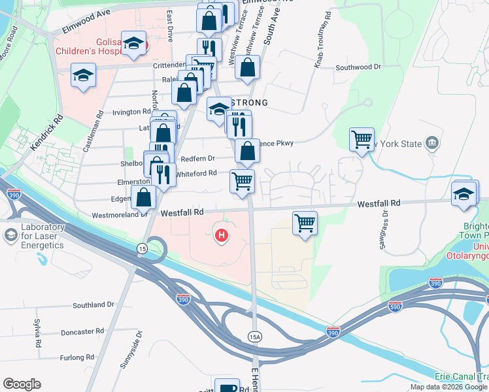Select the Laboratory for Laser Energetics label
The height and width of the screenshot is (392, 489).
pos(41,236)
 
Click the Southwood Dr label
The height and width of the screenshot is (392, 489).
pos(358,67)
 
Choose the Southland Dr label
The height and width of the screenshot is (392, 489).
pos(93,305)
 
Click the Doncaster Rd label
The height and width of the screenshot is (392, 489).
pos(82,332)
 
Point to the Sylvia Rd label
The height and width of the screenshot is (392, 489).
pos(39,334)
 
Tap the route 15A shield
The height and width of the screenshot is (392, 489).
pos(255,336)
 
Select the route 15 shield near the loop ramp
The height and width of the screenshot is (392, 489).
pos(141,248)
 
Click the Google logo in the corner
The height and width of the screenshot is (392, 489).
pos(22,384)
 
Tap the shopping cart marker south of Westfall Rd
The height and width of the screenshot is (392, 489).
pos(305,223)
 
